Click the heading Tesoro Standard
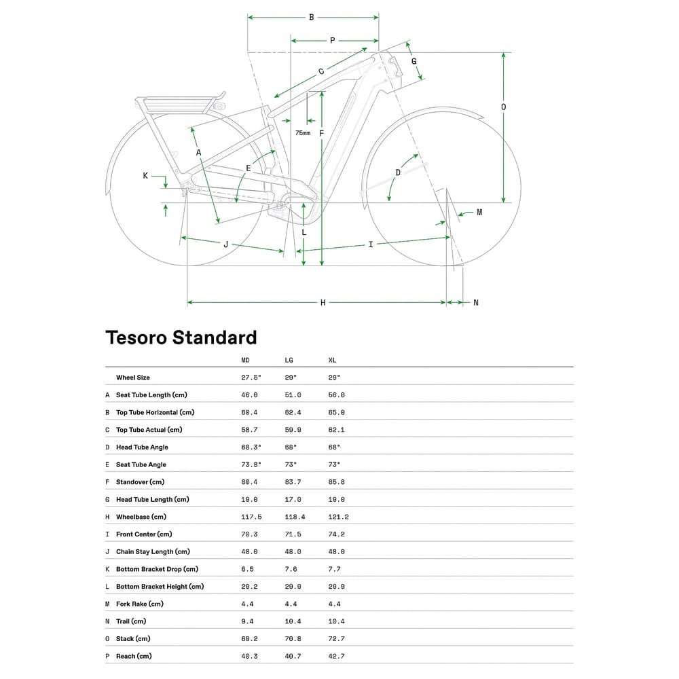(x=181, y=337)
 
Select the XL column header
(x=332, y=360)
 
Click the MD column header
(x=246, y=360)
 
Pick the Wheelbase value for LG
(x=295, y=517)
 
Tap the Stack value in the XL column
(x=336, y=638)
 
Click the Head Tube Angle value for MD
(x=251, y=447)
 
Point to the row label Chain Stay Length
(x=153, y=551)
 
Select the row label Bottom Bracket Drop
(x=157, y=569)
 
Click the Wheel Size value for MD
(x=251, y=378)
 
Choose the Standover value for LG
(x=293, y=482)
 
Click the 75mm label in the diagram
(x=303, y=133)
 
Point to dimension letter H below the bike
(x=323, y=302)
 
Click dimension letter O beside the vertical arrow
(x=503, y=107)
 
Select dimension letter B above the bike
(x=312, y=17)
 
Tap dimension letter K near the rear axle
(x=145, y=176)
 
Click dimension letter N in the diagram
(x=475, y=302)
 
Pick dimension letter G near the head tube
(x=414, y=62)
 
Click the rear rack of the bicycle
(x=180, y=104)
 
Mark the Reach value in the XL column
(x=336, y=656)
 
